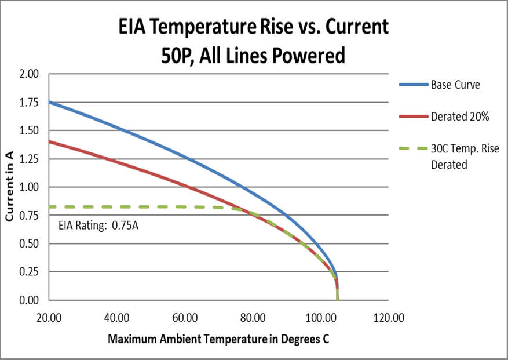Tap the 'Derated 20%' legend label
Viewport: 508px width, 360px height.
[x=460, y=117]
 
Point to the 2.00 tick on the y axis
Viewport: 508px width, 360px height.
[x=28, y=74]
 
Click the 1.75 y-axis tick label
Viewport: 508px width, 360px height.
[x=28, y=103]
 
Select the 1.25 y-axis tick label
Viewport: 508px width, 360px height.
[x=28, y=159]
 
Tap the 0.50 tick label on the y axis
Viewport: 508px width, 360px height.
[x=28, y=243]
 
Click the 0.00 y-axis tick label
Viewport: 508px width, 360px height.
[x=28, y=300]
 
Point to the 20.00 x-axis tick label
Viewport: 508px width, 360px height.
[x=49, y=318]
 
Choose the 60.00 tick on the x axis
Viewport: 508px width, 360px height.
[x=185, y=318]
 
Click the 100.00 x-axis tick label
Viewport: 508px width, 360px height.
[x=320, y=318]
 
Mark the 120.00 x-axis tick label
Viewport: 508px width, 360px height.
[x=389, y=318]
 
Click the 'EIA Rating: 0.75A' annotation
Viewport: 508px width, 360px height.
[x=98, y=226]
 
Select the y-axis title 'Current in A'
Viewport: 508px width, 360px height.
[x=10, y=187]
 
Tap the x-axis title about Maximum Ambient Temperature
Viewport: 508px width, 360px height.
[x=218, y=339]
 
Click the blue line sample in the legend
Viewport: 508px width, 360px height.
[x=412, y=85]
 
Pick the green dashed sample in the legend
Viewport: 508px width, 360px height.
[x=412, y=149]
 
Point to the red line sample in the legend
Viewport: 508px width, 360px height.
[x=412, y=117]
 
